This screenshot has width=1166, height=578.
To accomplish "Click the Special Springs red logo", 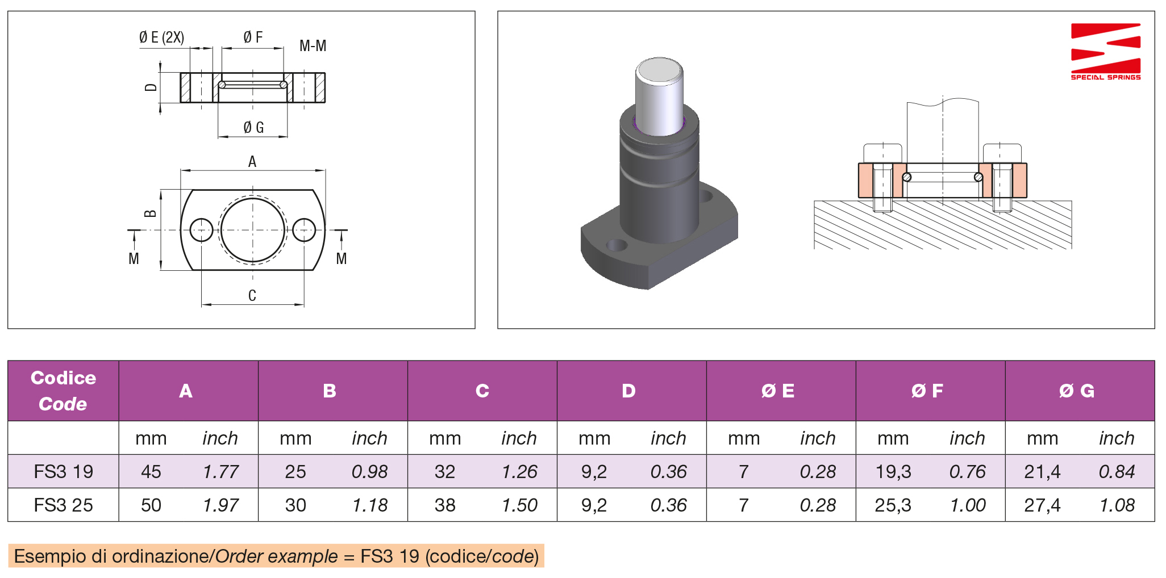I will [1105, 52].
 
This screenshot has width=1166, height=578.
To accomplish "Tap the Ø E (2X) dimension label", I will [161, 37].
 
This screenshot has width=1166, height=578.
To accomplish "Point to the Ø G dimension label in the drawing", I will [253, 127].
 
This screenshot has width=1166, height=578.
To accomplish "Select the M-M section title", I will [313, 46].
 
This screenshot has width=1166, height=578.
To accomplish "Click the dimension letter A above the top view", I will [252, 162].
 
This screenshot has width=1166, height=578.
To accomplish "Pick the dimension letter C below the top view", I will [252, 295].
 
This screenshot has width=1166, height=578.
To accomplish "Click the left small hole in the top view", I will [201, 230].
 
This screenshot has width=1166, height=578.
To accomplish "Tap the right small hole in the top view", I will [304, 230].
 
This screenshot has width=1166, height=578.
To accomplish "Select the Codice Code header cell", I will [63, 391].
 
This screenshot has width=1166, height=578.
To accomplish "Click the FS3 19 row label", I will [63, 471].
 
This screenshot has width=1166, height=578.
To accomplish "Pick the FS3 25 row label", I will [63, 505].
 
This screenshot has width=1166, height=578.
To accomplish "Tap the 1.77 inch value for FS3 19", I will [220, 471].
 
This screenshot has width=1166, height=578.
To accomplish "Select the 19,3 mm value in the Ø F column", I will [893, 471].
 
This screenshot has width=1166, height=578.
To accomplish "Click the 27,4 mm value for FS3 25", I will [1042, 505].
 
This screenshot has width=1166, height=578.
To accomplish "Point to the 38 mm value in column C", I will [445, 505].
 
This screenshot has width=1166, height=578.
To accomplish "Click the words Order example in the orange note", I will [276, 556].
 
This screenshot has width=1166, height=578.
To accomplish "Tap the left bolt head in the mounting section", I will [882, 153].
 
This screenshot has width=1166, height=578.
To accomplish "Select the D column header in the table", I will [628, 391].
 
